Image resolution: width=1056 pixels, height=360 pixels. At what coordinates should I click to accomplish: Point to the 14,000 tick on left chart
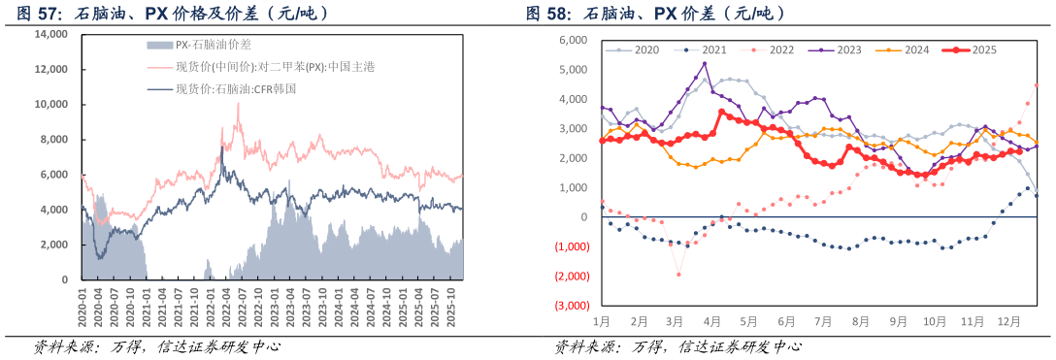50,34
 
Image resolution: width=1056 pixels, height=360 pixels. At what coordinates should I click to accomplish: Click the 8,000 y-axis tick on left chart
53,140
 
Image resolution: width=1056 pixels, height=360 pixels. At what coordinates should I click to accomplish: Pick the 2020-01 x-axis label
82,303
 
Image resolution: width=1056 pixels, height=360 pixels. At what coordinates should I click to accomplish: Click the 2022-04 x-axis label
226,303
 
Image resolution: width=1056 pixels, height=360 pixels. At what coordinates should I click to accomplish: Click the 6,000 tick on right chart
574,41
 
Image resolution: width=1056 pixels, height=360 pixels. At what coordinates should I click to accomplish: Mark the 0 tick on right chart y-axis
584,217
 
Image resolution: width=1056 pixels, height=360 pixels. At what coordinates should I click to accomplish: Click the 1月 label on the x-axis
601,319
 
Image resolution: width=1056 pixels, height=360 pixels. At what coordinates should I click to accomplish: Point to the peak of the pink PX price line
238,104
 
